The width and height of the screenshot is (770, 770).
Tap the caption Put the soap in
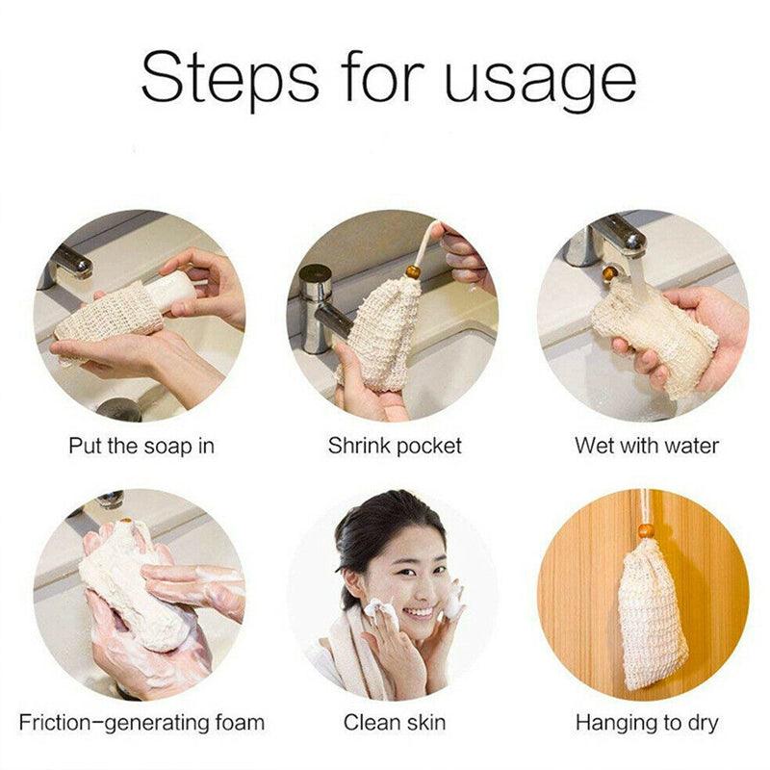[141, 446]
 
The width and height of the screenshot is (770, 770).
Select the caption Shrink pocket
[395, 446]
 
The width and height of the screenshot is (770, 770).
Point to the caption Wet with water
[647, 446]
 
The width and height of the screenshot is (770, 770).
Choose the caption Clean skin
[395, 722]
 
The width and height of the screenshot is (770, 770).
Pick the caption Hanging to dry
[647, 722]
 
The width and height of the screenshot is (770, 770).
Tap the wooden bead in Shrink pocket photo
[413, 271]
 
